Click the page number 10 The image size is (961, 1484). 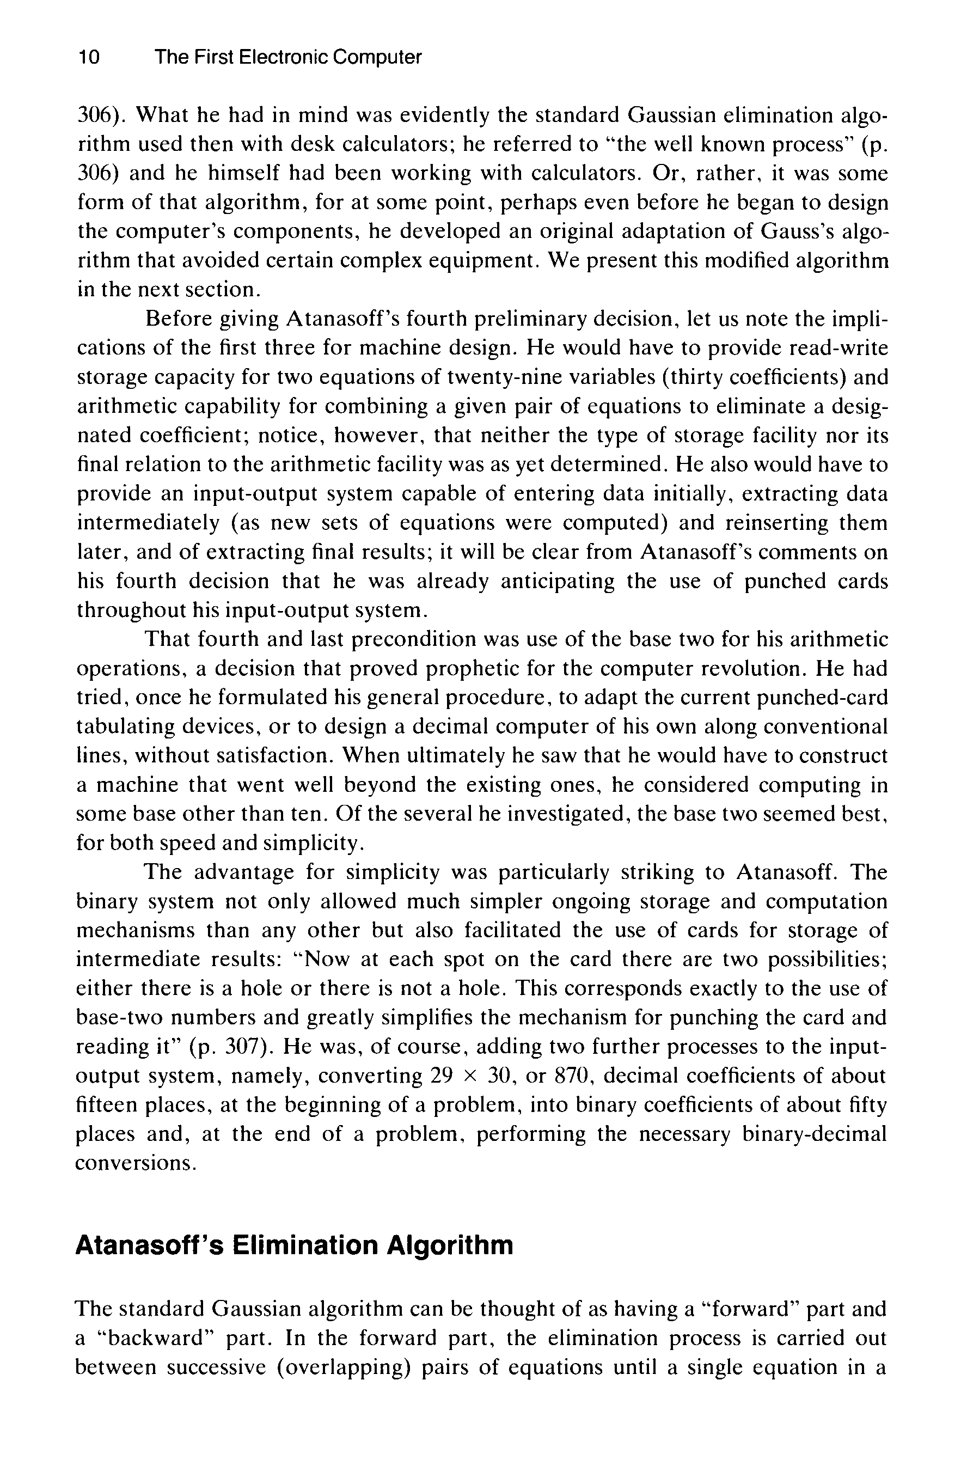click(x=88, y=58)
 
